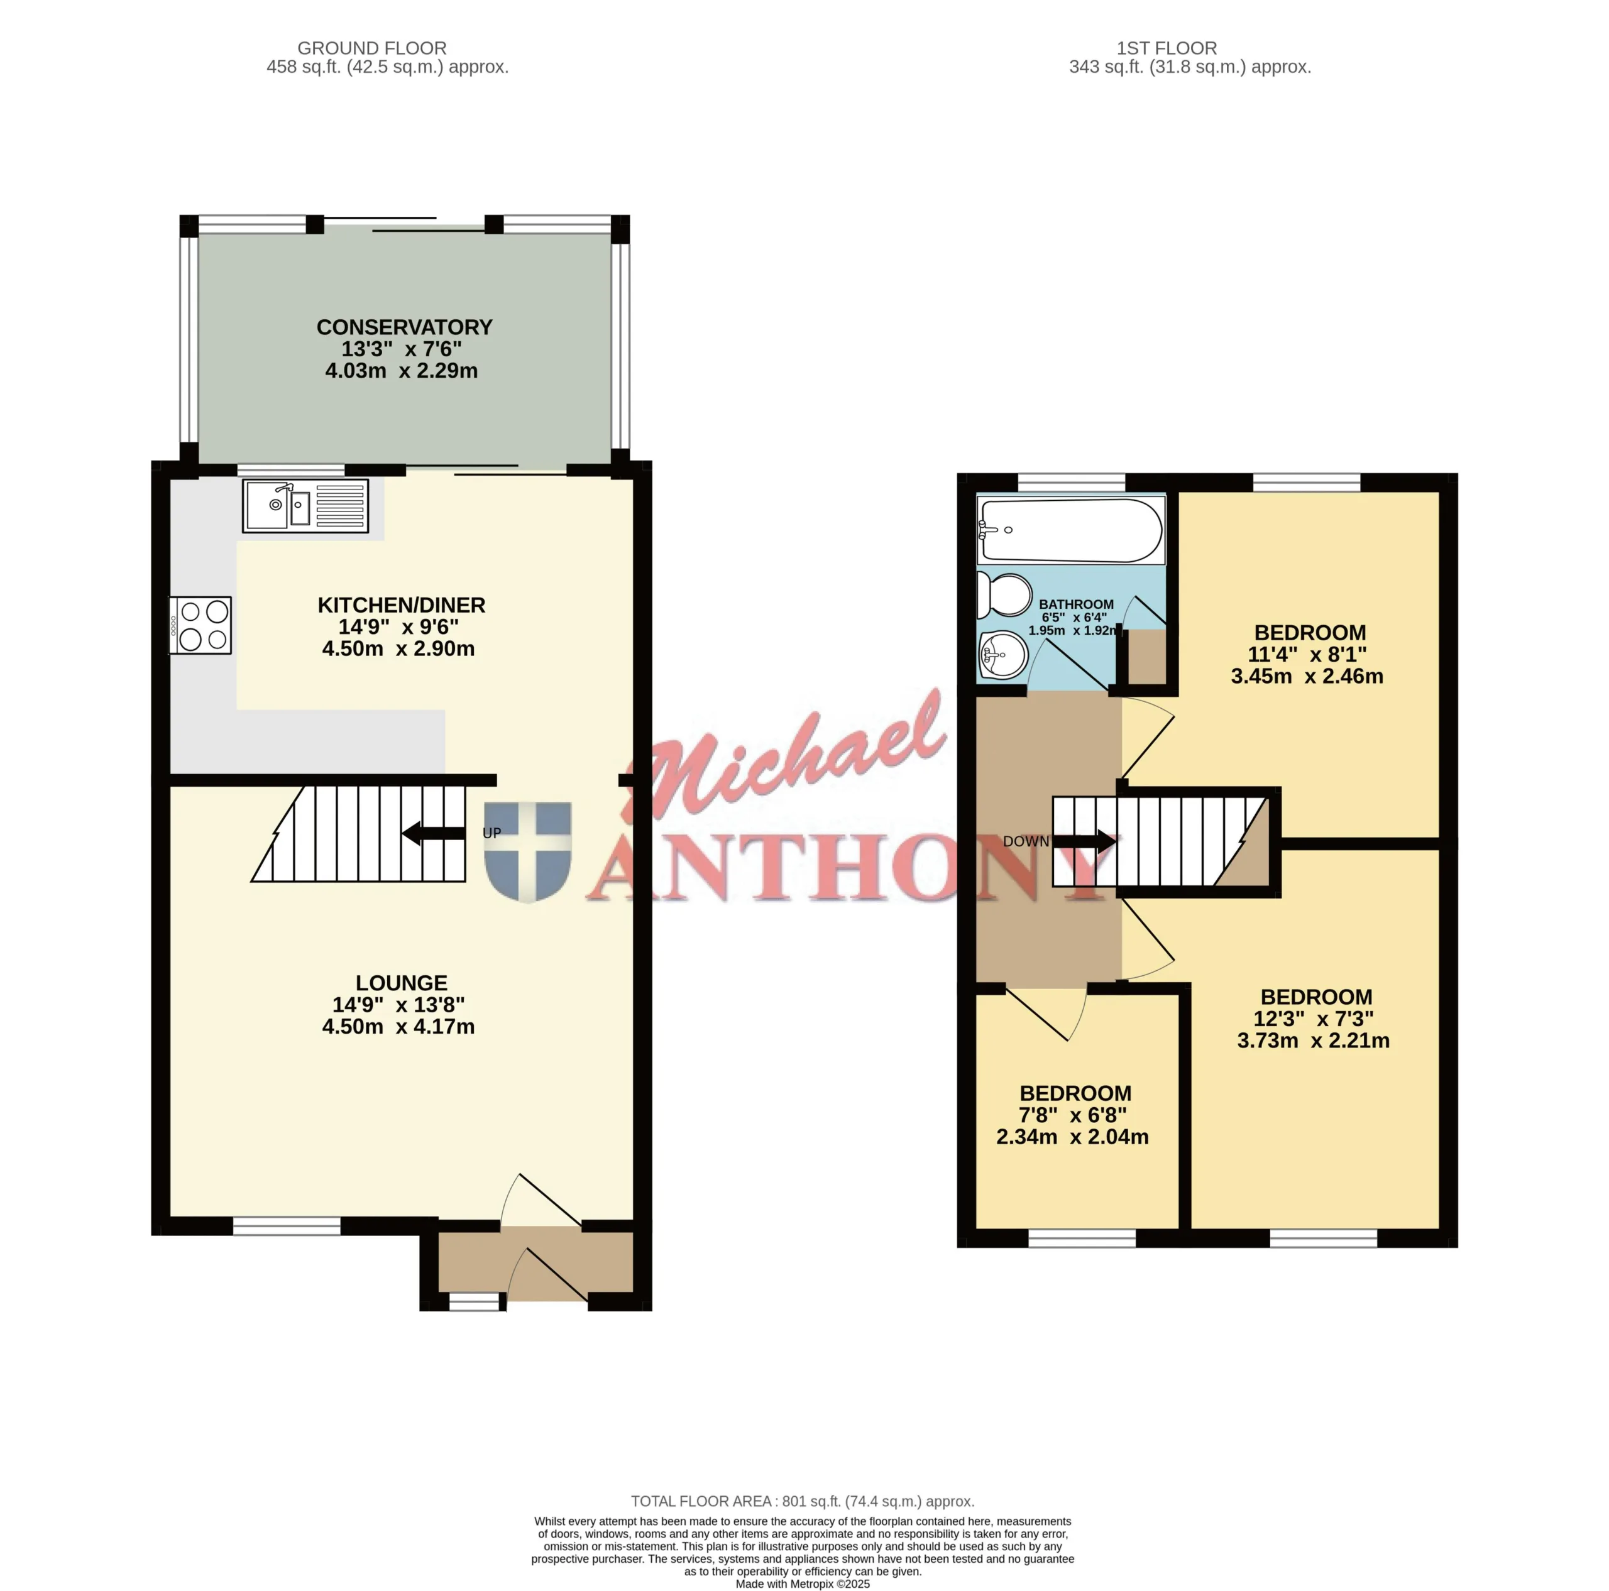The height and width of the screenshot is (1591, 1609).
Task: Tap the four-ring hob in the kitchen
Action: click(200, 625)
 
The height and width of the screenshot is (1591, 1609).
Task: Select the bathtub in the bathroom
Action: click(1071, 530)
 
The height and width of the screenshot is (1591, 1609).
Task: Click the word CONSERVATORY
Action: click(404, 327)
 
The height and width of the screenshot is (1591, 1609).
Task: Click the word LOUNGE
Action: click(402, 983)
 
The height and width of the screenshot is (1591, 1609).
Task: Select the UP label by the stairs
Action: click(492, 833)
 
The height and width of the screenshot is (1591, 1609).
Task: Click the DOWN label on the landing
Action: click(1025, 842)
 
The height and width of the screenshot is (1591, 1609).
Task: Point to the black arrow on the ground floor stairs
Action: click(434, 833)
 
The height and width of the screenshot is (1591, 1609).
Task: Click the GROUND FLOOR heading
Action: click(372, 48)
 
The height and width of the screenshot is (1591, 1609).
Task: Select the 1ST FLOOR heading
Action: click(1167, 48)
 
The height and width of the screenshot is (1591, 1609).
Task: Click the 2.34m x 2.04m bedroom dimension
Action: click(1073, 1137)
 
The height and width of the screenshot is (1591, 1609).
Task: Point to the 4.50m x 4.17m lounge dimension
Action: click(398, 1027)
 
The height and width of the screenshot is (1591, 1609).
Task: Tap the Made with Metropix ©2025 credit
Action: click(803, 1584)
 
